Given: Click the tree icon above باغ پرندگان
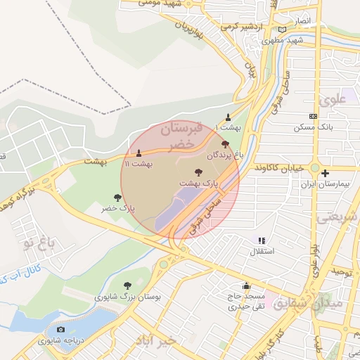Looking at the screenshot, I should [x=225, y=143].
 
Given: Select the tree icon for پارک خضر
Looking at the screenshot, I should [x=117, y=198].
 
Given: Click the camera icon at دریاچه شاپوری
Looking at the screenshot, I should [x=60, y=330].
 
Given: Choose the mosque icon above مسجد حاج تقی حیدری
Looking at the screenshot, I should [x=246, y=286].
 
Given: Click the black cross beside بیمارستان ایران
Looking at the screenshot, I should [x=325, y=173].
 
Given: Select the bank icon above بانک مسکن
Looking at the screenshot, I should [x=313, y=117].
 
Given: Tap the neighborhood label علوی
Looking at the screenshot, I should [x=333, y=99].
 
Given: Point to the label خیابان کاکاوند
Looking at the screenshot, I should [x=279, y=169].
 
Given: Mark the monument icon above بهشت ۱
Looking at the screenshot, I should [x=228, y=118].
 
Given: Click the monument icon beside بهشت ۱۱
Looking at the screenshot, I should [x=139, y=153].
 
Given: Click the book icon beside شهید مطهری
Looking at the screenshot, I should [x=283, y=30].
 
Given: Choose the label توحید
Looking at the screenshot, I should [x=341, y=271].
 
